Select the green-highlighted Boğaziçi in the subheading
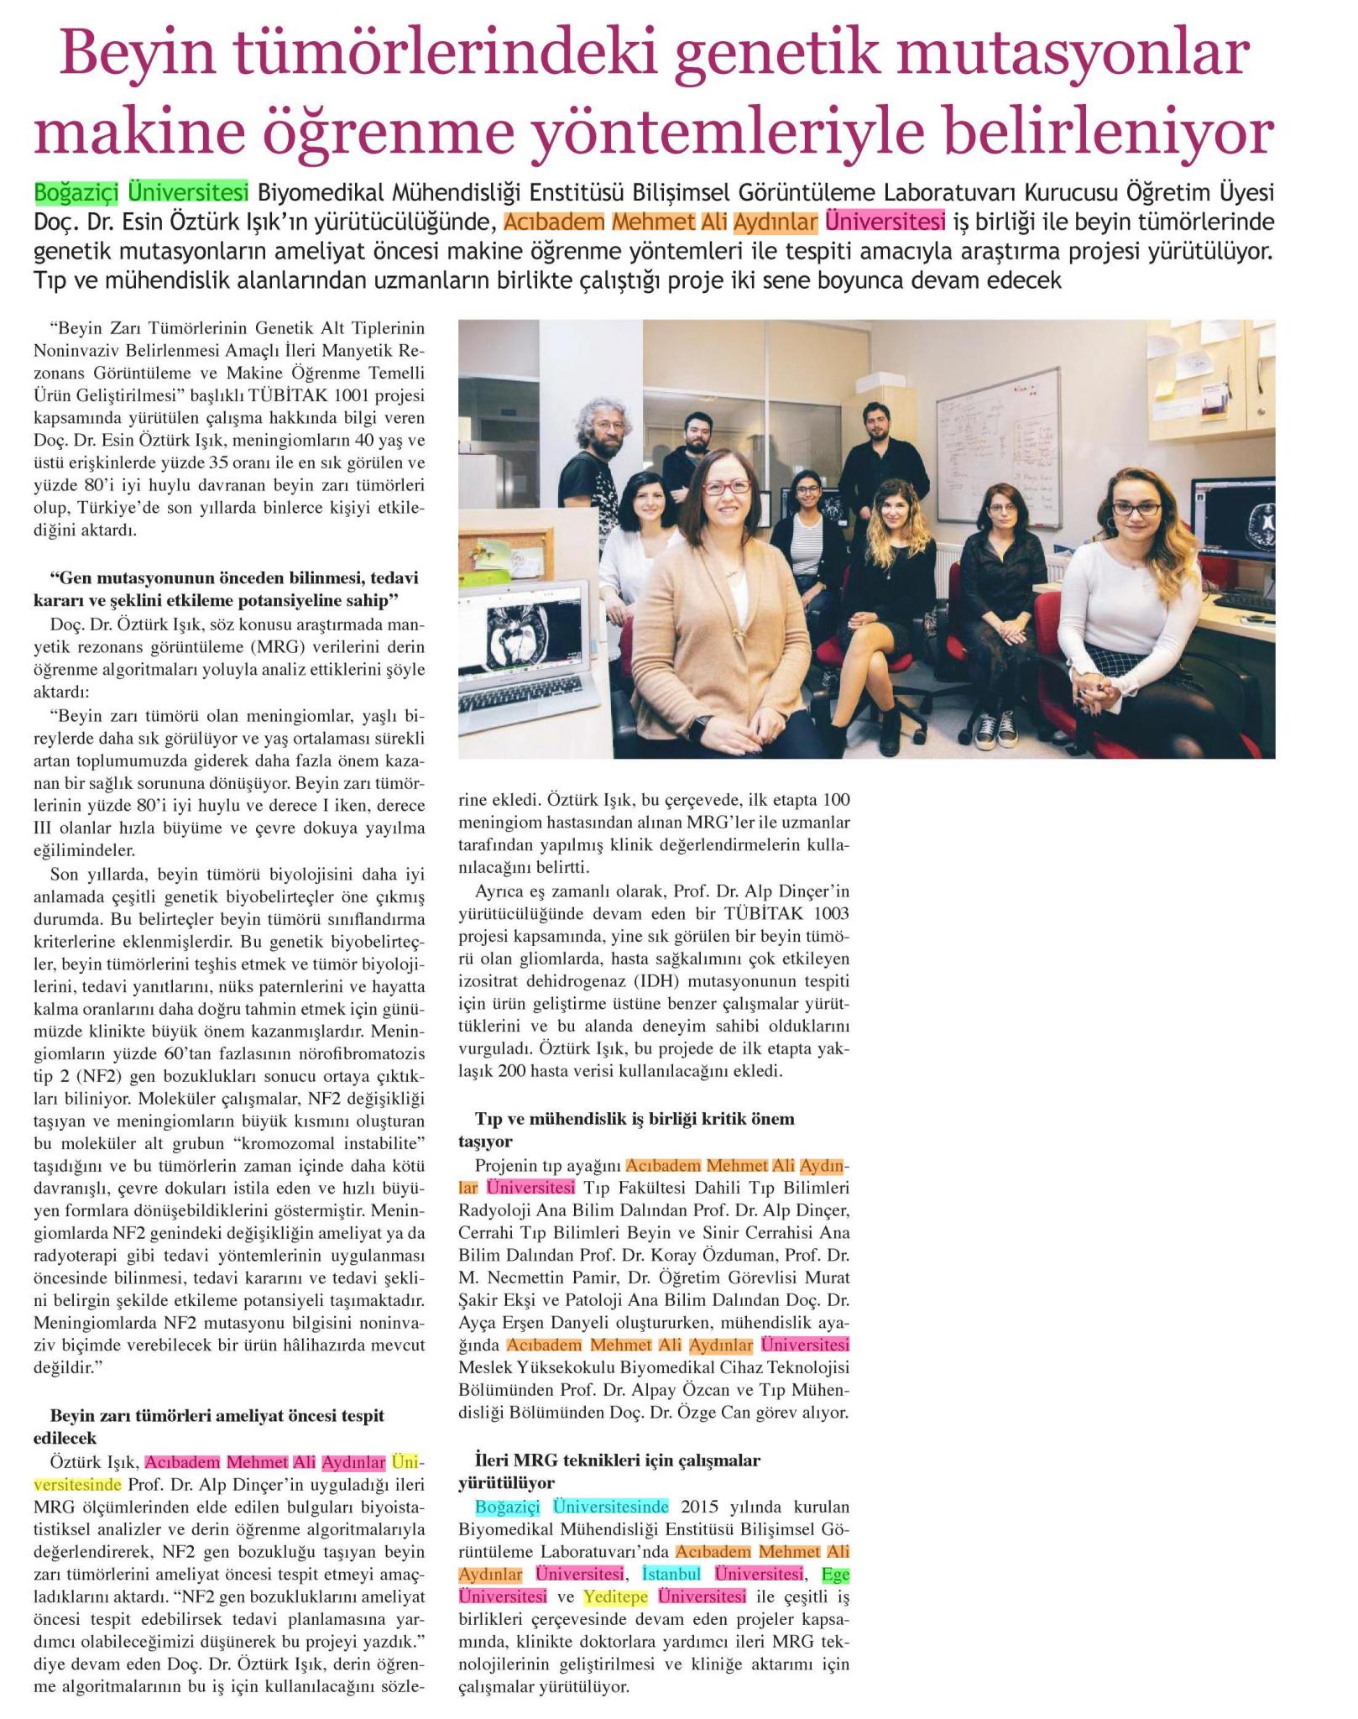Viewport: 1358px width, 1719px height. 77,192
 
